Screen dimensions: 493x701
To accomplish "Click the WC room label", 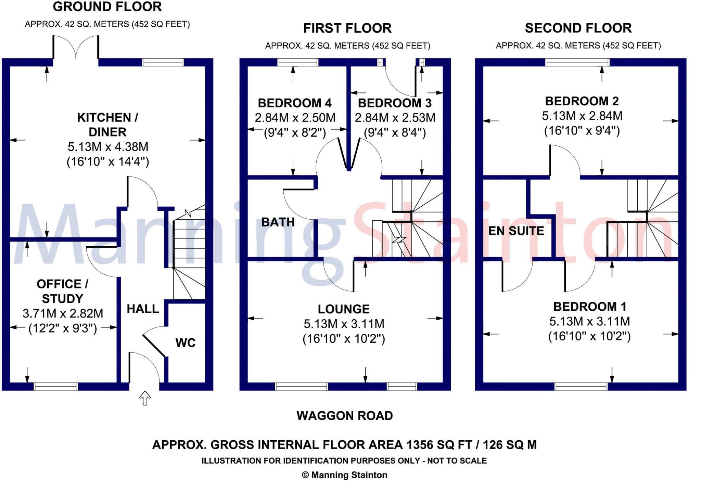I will tap(185, 343).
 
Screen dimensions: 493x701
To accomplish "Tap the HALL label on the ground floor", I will tap(143, 309).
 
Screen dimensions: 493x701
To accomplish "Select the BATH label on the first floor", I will tap(278, 222).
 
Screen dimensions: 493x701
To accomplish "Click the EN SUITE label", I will tap(516, 231).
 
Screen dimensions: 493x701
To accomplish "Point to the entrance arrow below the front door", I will tap(145, 398).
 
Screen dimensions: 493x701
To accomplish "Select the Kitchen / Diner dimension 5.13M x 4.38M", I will tap(108, 147).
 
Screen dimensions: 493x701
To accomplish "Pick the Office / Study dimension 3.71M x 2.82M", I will tap(63, 313).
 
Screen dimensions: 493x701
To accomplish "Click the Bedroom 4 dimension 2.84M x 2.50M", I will tap(295, 118).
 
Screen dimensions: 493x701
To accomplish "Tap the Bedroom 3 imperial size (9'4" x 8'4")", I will tap(395, 132).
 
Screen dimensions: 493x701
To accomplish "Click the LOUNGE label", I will tap(343, 309).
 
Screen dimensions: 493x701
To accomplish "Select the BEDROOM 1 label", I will tap(589, 307).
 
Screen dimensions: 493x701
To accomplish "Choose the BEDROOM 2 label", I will tap(582, 101).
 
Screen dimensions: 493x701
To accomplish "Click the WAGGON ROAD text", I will tap(344, 416).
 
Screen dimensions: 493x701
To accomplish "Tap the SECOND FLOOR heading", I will tap(578, 28).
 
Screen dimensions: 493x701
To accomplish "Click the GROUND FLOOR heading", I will tap(107, 7).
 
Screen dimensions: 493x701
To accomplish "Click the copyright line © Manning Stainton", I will tap(344, 475).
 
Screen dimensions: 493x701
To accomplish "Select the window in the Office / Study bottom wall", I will tap(56, 387).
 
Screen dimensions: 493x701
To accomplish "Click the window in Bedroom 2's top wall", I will tap(577, 62).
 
